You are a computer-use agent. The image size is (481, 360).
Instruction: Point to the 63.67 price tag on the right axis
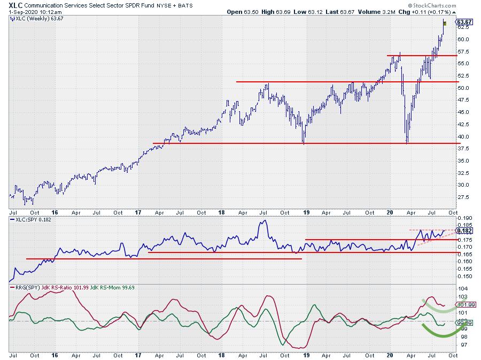463,22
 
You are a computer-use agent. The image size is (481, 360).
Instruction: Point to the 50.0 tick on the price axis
463,88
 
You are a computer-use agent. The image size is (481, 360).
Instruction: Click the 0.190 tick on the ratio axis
464,218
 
